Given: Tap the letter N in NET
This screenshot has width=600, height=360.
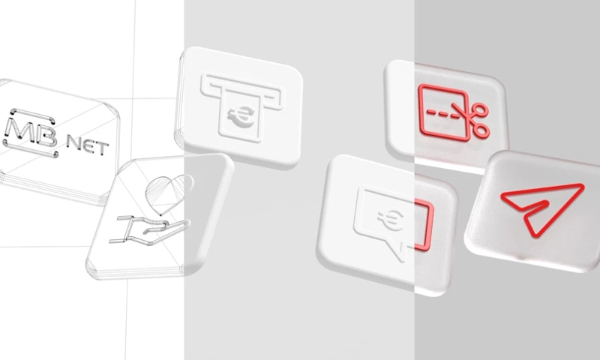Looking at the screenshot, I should click(78, 140).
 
